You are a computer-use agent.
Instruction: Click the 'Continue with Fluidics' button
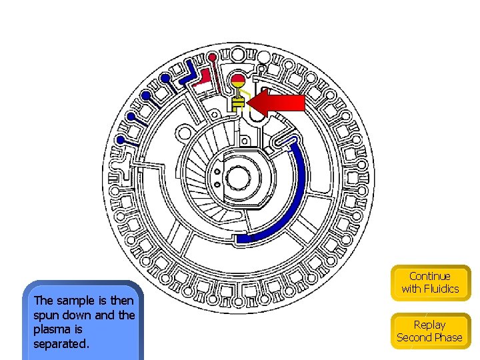[x=430, y=283]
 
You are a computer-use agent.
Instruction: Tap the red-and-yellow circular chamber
[x=239, y=83]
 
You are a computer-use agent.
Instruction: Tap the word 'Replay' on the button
[x=429, y=325]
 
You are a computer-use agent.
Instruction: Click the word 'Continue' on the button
[x=430, y=276]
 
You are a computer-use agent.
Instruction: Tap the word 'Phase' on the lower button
[x=448, y=337]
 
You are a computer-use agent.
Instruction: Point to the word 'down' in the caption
[x=79, y=315]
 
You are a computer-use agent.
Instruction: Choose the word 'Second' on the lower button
[x=415, y=337]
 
